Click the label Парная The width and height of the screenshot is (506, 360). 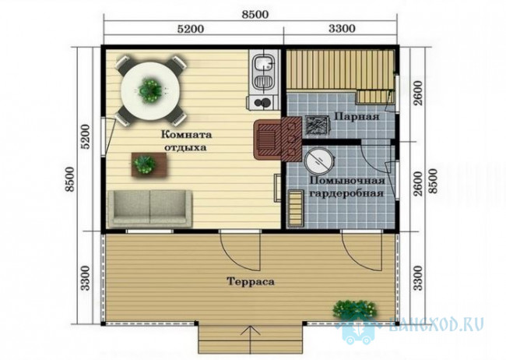[x=357, y=116]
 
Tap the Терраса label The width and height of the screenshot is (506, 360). [x=251, y=281]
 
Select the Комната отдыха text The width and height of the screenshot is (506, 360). [x=187, y=140]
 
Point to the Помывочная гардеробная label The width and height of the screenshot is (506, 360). [x=347, y=187]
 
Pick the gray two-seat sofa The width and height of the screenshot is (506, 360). [x=150, y=208]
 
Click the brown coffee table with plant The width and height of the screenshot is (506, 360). [x=149, y=165]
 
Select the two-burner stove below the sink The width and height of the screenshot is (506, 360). [x=262, y=102]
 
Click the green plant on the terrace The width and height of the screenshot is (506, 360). [x=354, y=309]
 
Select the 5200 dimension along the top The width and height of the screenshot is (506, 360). [x=191, y=29]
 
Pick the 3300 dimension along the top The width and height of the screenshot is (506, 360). [x=342, y=29]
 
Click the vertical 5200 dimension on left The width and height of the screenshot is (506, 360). [x=86, y=136]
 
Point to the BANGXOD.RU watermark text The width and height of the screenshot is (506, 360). [x=437, y=324]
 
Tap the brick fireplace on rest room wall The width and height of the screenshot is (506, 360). [x=278, y=139]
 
